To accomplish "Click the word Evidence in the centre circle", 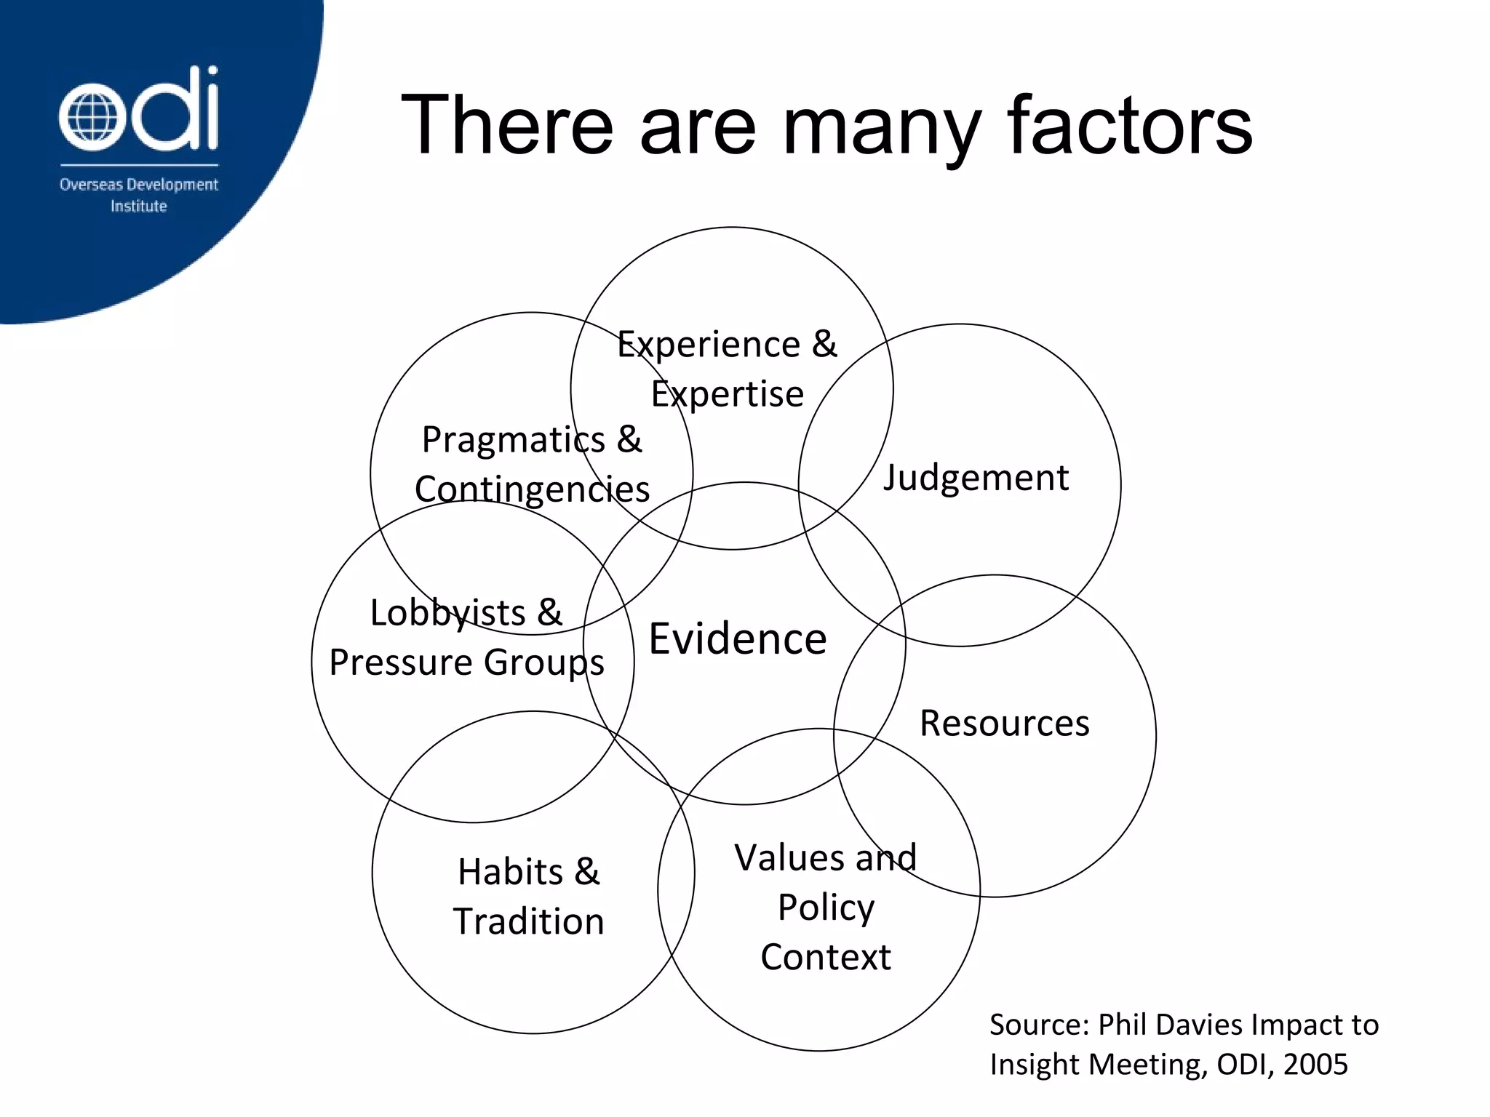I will [x=737, y=639].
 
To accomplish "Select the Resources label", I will [x=1004, y=724].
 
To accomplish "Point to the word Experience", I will [x=708, y=344].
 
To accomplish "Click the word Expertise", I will [x=727, y=395].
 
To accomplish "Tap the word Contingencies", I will [x=532, y=489].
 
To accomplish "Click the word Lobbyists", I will [x=447, y=612].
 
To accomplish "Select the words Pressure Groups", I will [x=466, y=662].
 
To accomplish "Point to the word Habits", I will [x=510, y=871].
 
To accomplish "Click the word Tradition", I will [x=529, y=921].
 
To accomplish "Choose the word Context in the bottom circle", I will [x=826, y=957].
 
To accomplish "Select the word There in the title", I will [x=507, y=126].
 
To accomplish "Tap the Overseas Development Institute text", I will [x=138, y=195].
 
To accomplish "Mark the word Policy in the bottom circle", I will [x=826, y=908].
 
